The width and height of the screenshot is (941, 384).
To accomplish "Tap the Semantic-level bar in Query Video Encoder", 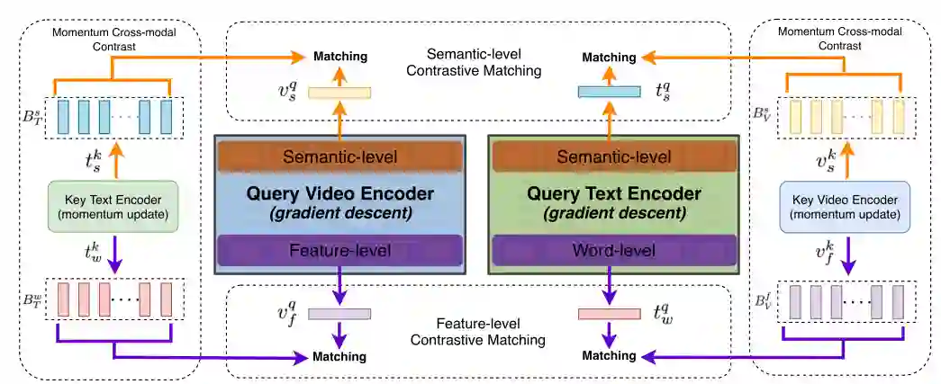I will pyautogui.click(x=339, y=156).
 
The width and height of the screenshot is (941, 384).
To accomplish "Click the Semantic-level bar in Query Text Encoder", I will pyautogui.click(x=612, y=156).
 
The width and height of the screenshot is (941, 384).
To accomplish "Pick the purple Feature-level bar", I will pyautogui.click(x=339, y=250).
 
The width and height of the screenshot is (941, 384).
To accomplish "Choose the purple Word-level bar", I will pyautogui.click(x=612, y=250).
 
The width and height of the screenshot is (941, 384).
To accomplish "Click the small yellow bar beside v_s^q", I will pyautogui.click(x=339, y=92).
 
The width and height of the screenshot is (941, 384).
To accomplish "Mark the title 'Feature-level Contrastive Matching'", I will pyautogui.click(x=477, y=330).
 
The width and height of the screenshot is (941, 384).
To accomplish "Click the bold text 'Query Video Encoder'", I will pyautogui.click(x=339, y=194).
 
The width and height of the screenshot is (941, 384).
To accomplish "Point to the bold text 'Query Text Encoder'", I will pyautogui.click(x=612, y=194).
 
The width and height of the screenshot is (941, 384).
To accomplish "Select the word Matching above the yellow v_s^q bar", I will pyautogui.click(x=339, y=57).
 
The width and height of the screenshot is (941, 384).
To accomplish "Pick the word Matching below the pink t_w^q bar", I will pyautogui.click(x=609, y=357).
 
